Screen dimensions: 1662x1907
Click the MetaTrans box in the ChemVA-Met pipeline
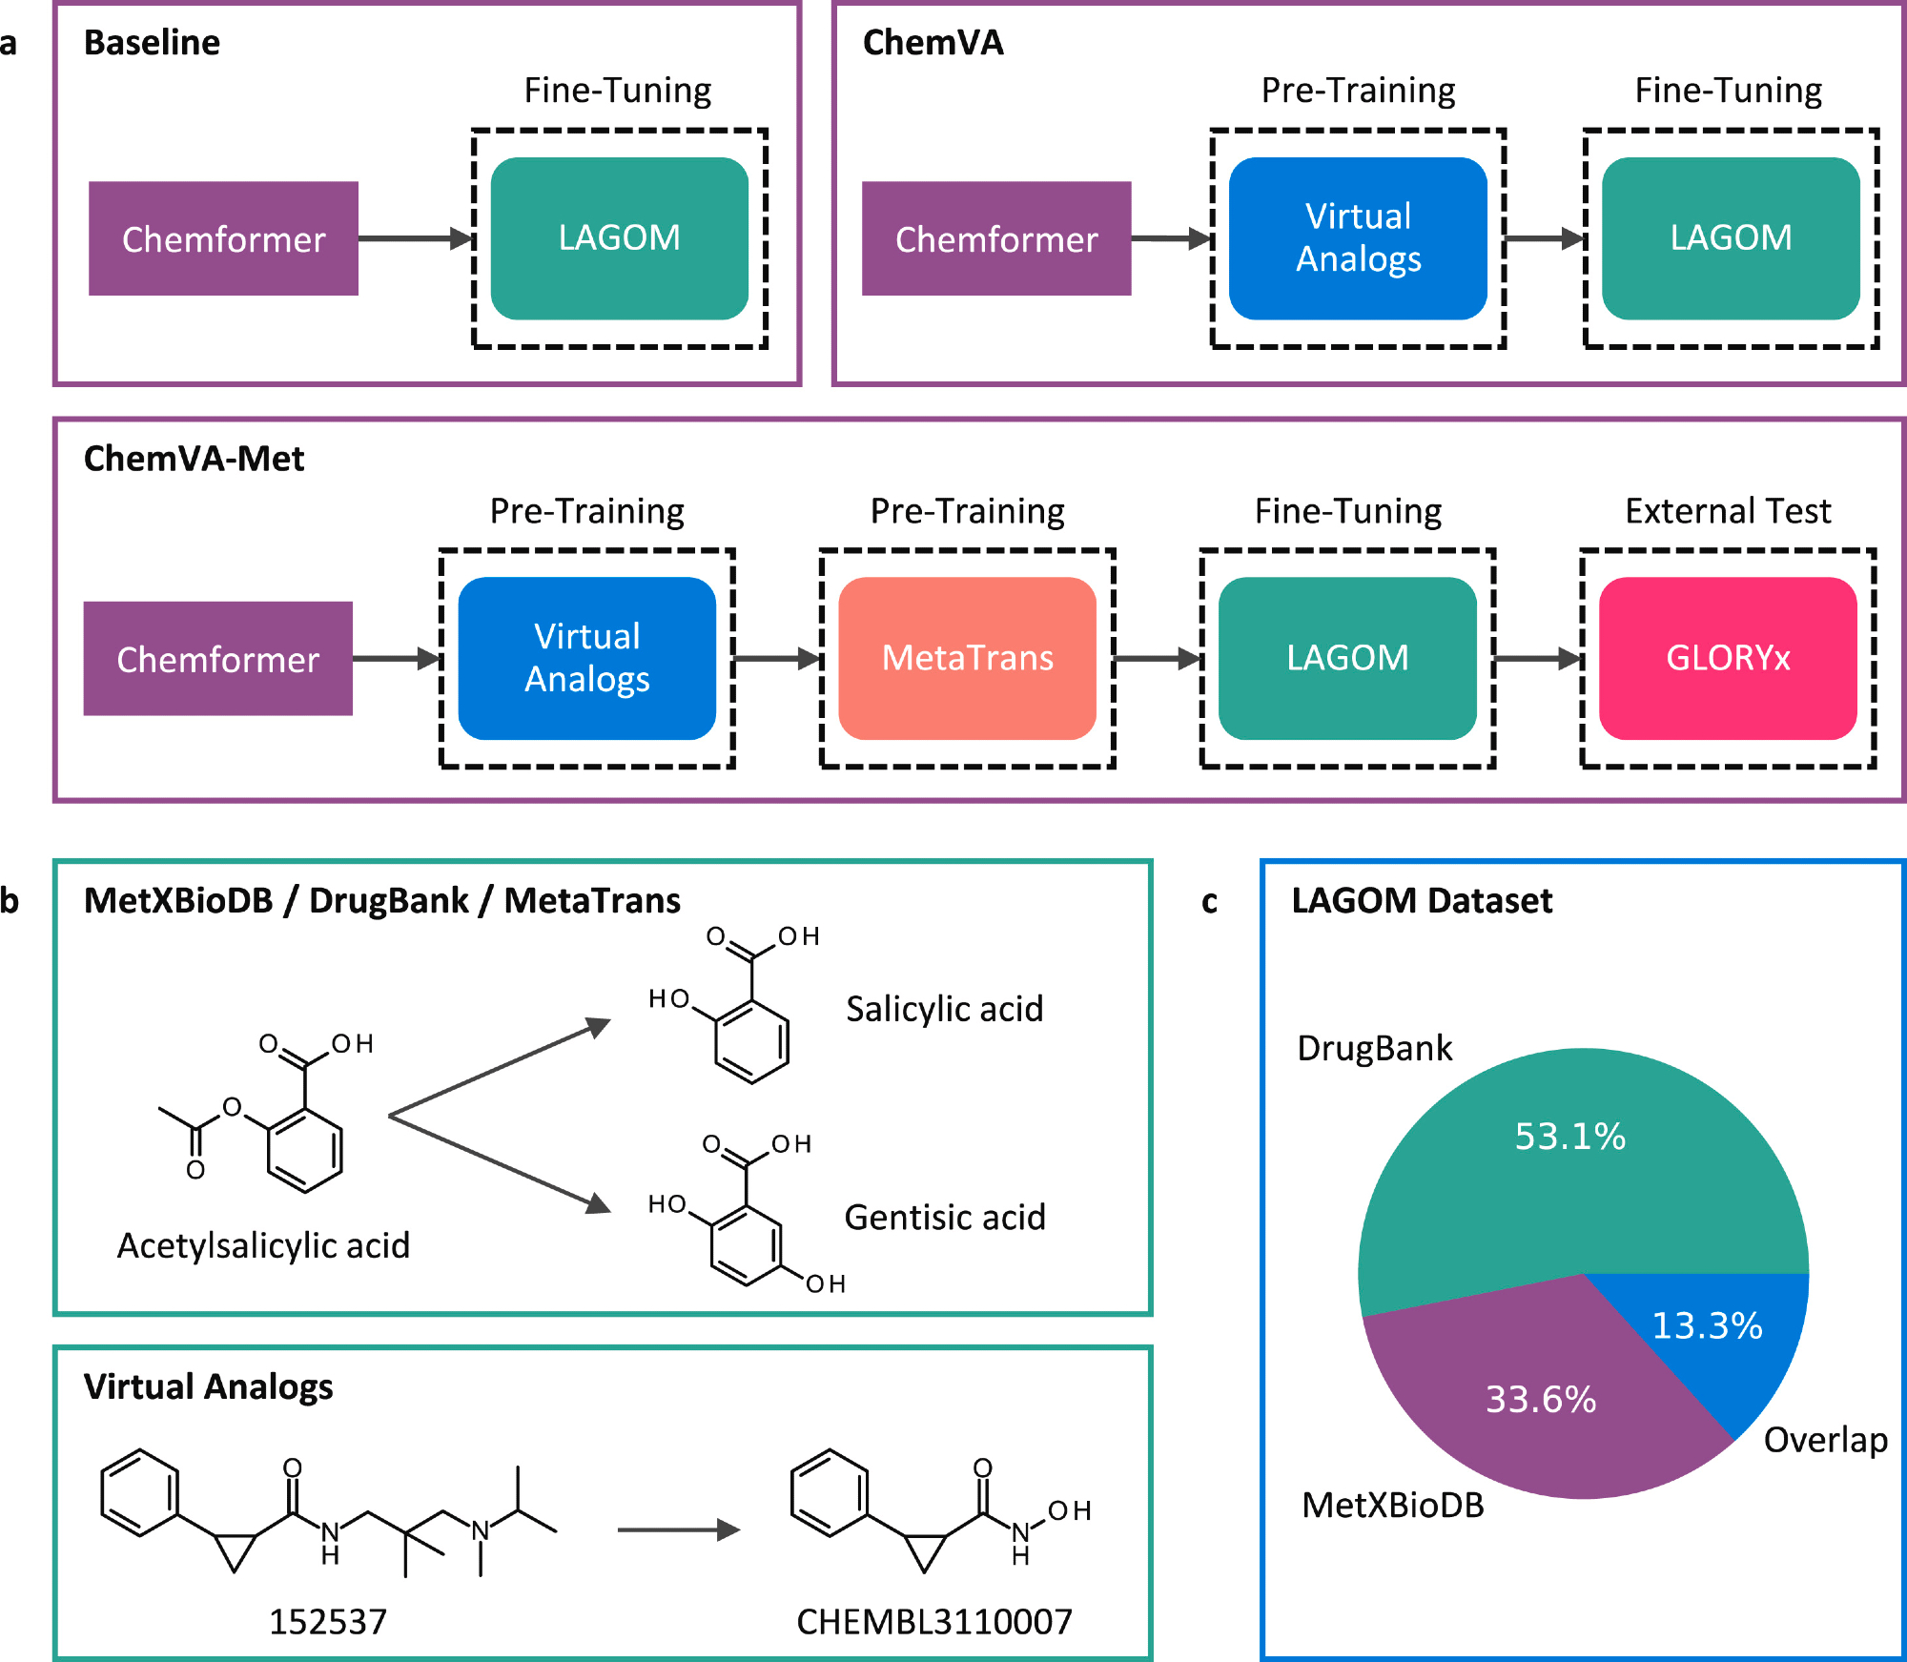[x=967, y=658]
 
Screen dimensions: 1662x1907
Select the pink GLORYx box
[x=1728, y=658]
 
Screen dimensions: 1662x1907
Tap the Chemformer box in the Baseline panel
[x=223, y=238]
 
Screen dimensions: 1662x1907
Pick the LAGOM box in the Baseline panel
[x=620, y=238]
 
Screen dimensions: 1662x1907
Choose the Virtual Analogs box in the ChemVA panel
[x=1358, y=238]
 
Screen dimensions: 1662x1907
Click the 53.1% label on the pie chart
[x=1569, y=1137]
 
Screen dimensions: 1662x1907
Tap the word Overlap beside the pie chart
[x=1825, y=1440]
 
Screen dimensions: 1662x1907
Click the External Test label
[x=1728, y=512]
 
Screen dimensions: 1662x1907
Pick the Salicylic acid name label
[x=944, y=1009]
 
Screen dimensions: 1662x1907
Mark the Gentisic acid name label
[x=945, y=1218]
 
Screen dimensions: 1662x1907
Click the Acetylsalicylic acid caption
[x=263, y=1245]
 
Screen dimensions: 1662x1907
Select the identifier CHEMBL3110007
[x=934, y=1622]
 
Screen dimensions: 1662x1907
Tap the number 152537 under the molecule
[x=328, y=1622]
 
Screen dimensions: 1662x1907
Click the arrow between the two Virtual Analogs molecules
[x=678, y=1530]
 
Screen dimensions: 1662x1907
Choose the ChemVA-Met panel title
[x=194, y=459]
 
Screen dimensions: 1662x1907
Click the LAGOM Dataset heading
[x=1422, y=901]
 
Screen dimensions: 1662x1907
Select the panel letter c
[x=1209, y=902]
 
